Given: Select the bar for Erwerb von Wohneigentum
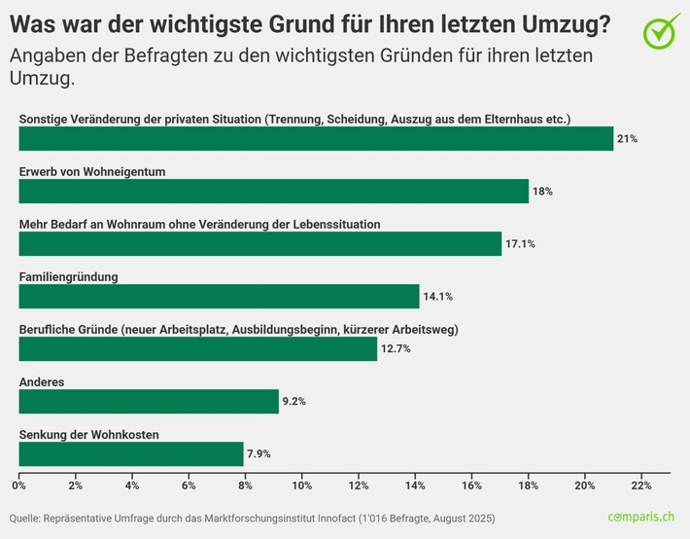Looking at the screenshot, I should (273, 191).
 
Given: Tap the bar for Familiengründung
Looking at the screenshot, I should (219, 296).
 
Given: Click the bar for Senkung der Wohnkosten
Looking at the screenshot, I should (131, 453).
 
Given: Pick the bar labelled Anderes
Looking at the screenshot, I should (149, 401).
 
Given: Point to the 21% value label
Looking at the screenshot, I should (627, 139).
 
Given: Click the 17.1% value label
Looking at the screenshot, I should (519, 244).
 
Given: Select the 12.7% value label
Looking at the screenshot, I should (395, 349).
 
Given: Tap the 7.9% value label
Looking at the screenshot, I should (259, 454).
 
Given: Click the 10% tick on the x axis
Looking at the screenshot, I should (301, 485).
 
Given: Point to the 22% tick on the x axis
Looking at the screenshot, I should (641, 485).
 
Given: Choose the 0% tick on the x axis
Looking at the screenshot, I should (19, 485).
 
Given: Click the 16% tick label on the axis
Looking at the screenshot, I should (471, 485).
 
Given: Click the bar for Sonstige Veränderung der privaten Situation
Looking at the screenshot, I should (316, 138).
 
